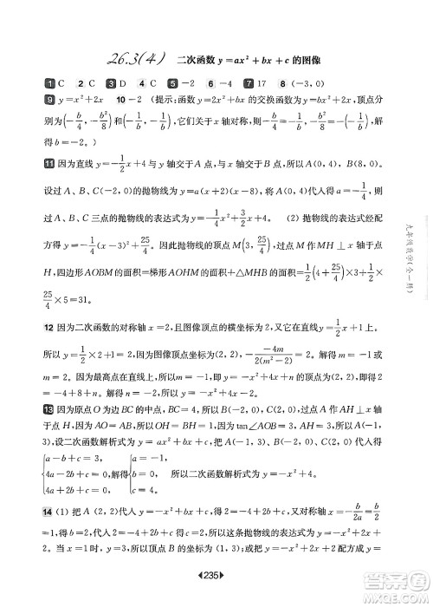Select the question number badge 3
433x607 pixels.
[x=110, y=84]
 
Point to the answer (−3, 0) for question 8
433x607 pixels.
[x=307, y=84]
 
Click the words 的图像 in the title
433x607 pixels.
[x=299, y=59]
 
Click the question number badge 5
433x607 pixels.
[x=173, y=84]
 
